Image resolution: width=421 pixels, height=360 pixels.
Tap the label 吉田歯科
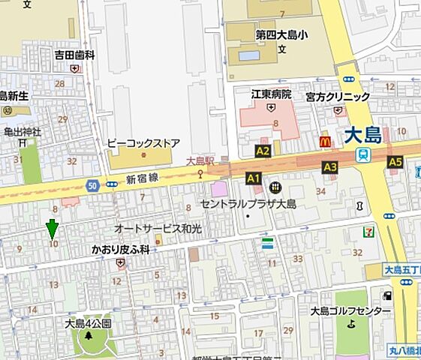click(74, 55)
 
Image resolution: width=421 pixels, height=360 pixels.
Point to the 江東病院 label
click(270, 94)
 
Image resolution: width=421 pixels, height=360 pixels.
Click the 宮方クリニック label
click(337, 97)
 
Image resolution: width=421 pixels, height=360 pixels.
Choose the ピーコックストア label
click(143, 142)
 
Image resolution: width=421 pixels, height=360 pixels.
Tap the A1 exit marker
click(253, 178)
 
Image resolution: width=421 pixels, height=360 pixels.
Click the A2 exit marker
click(263, 151)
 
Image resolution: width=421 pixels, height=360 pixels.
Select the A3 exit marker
click(329, 166)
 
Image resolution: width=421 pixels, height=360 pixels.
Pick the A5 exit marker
click(395, 162)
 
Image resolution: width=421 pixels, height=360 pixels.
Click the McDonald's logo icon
click(325, 140)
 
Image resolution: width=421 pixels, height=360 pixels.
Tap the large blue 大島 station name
click(363, 136)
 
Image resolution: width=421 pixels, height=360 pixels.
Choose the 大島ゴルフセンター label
click(350, 311)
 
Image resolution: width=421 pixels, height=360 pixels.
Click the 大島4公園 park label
click(88, 324)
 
